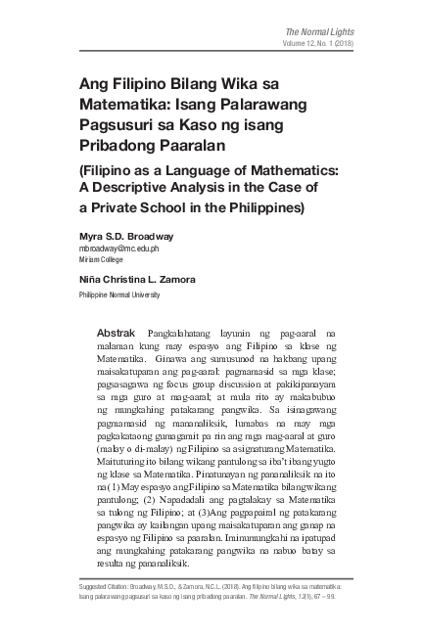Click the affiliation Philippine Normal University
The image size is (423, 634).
[x=120, y=294]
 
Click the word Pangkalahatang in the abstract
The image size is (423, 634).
[x=181, y=334]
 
